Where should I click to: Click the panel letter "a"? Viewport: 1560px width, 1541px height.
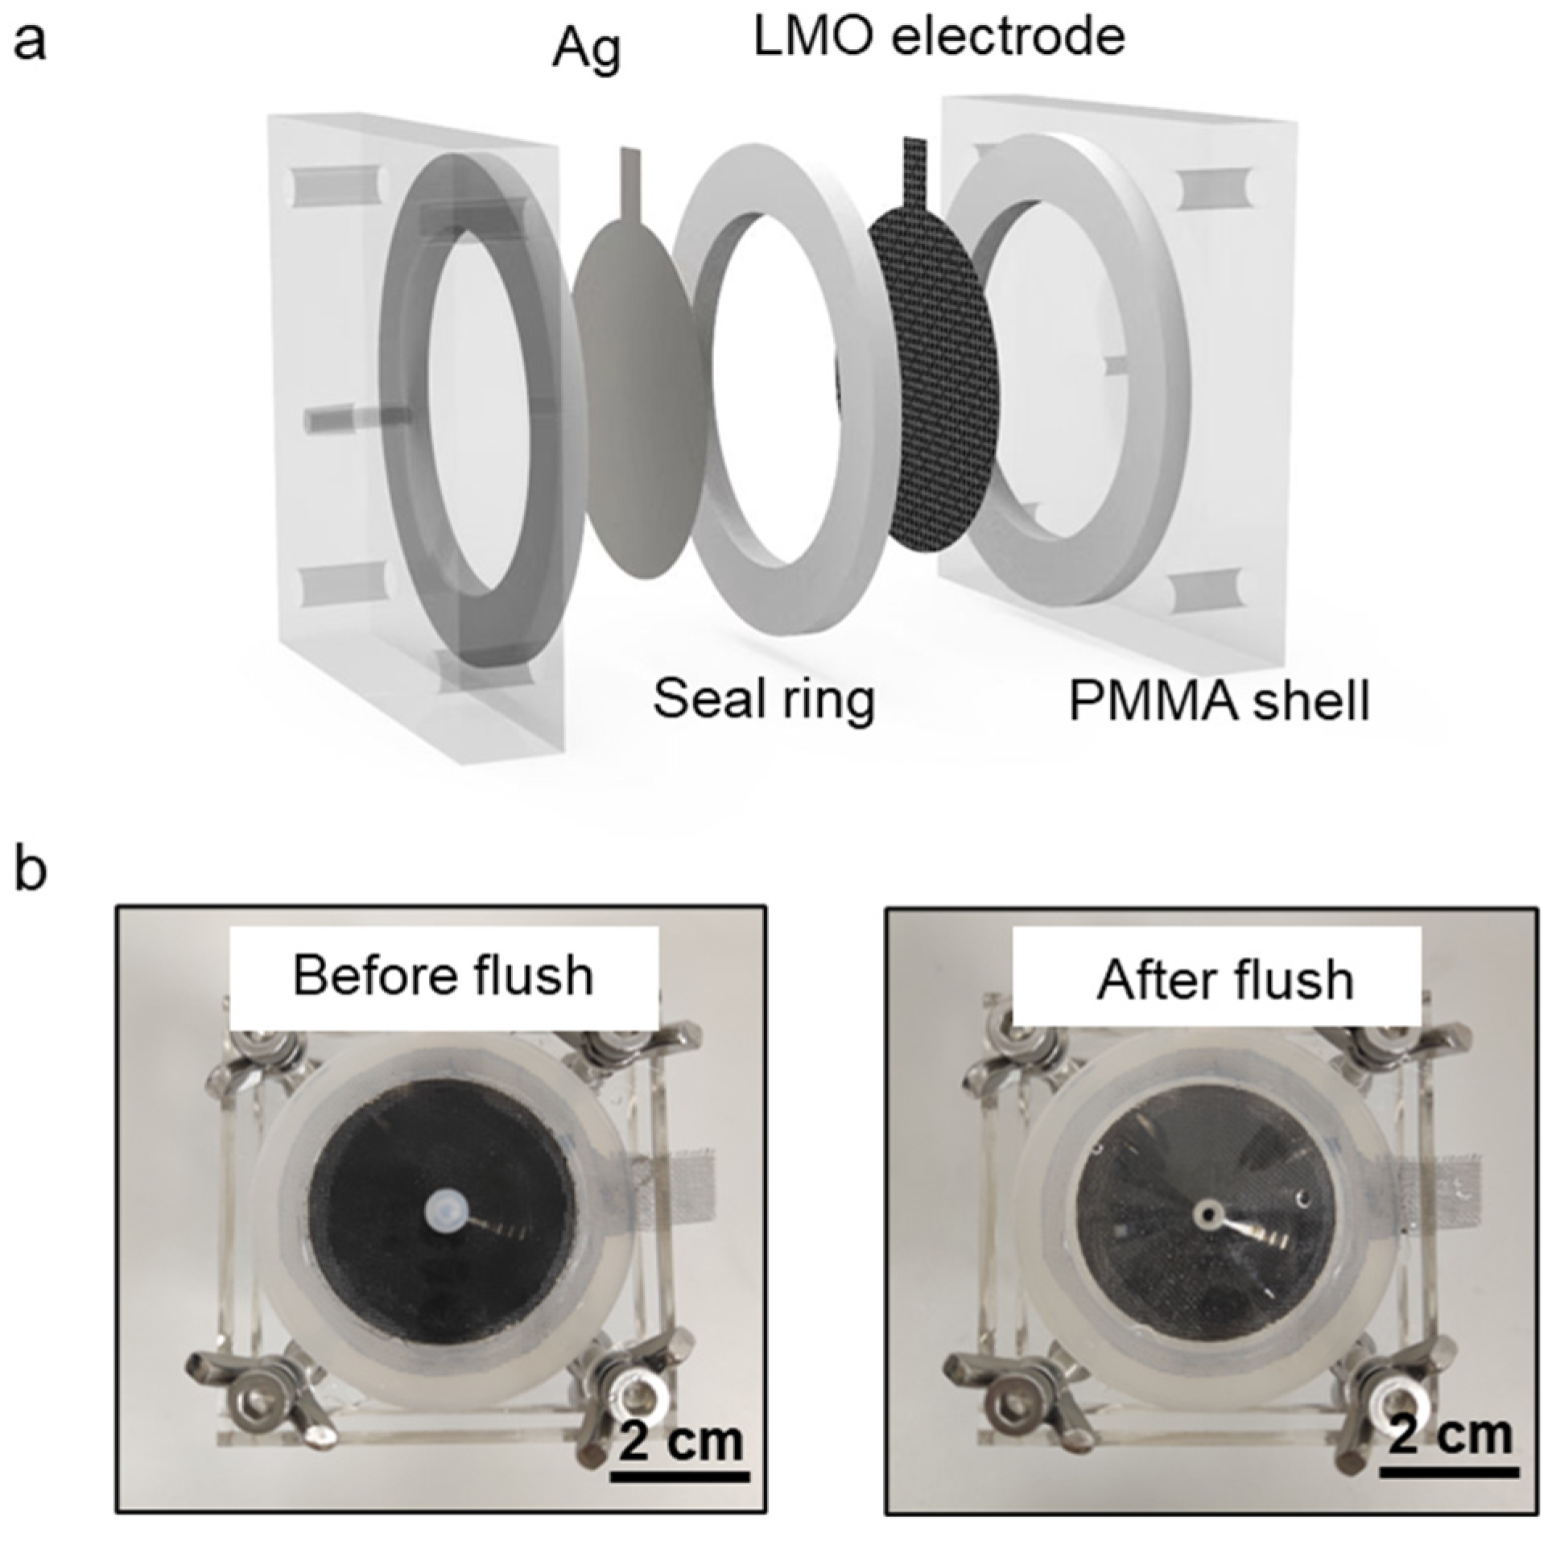[x=31, y=42]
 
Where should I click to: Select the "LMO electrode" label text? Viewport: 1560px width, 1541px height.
[x=939, y=37]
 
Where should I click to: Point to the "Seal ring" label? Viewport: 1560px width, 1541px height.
[x=764, y=700]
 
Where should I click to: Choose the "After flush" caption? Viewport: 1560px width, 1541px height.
[x=1225, y=981]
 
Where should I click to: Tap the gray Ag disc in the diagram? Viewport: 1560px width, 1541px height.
[x=638, y=404]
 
